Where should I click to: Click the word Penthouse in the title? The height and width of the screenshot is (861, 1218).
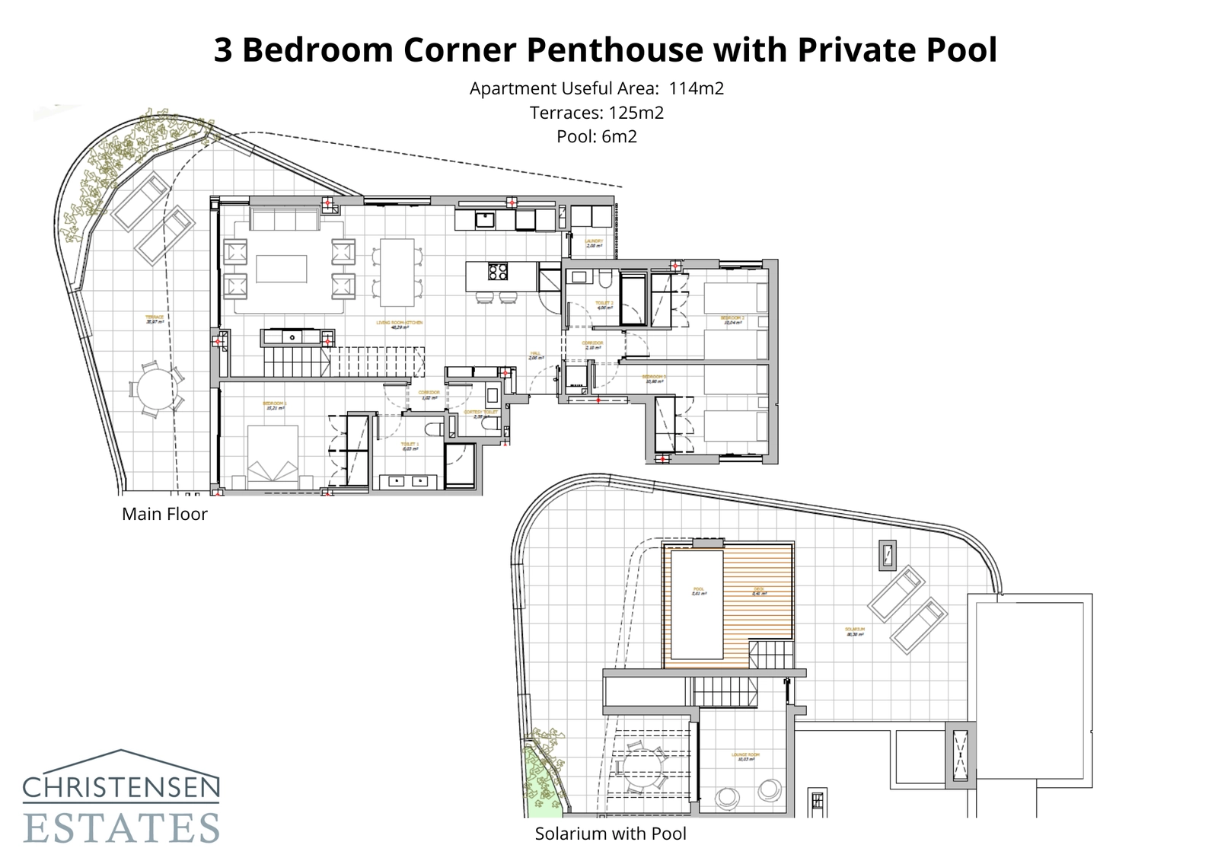click(614, 50)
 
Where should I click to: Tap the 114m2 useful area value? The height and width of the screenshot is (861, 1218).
click(696, 88)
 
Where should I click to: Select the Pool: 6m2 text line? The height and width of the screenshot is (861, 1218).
click(597, 137)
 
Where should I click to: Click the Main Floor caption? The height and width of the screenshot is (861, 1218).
click(164, 515)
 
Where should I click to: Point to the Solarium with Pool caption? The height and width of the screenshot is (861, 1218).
click(611, 834)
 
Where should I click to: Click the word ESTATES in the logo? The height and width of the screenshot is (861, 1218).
click(122, 828)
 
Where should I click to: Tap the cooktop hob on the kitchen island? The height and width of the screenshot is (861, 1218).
click(498, 272)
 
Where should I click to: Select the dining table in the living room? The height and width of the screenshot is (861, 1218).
click(397, 272)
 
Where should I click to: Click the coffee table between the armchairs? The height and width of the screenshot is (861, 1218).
click(282, 269)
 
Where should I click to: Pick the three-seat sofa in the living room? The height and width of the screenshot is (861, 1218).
click(285, 221)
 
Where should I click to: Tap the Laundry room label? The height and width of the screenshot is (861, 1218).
click(594, 243)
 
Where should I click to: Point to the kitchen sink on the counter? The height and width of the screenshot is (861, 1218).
click(485, 220)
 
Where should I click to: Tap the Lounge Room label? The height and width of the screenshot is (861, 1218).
click(745, 757)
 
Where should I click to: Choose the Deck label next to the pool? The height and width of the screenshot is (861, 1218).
click(759, 591)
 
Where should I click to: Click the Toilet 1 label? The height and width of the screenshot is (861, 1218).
click(410, 445)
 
